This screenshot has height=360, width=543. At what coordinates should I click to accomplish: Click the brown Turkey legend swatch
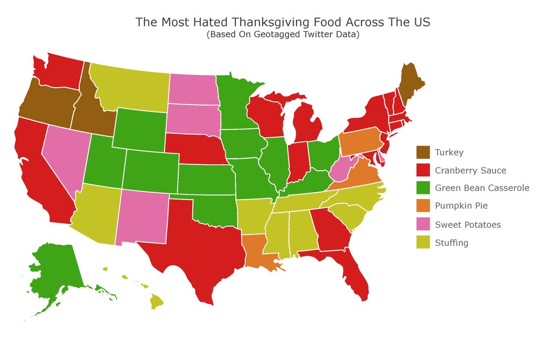(423, 152)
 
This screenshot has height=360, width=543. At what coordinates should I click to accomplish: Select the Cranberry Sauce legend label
(471, 170)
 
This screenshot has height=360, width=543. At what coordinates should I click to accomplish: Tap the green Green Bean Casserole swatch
(423, 188)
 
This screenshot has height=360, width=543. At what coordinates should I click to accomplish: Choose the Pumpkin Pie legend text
(461, 206)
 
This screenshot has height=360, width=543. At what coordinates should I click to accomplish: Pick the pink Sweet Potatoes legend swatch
(423, 224)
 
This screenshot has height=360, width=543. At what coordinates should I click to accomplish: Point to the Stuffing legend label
(451, 243)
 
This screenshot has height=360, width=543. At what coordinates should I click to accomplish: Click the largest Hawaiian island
(157, 302)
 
